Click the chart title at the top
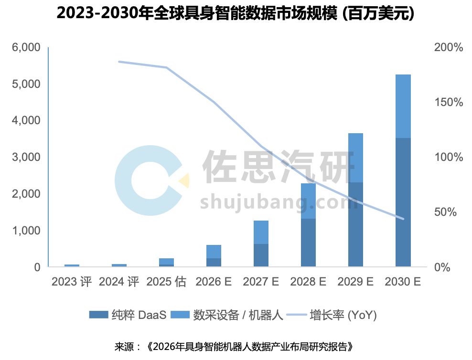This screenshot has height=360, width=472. (236, 14)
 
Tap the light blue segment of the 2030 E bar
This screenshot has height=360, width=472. (403, 106)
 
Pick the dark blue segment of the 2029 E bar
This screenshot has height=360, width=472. (355, 224)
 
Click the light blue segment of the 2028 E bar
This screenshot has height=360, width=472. (308, 201)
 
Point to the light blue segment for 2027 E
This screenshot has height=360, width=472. (261, 232)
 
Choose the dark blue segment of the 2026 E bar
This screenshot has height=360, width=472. (214, 262)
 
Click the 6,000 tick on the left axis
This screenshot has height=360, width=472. (26, 48)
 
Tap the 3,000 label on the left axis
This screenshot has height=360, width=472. (26, 157)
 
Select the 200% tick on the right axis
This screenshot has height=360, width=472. (449, 48)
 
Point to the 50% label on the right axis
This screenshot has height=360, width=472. (449, 212)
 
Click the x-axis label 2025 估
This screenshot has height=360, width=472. (166, 282)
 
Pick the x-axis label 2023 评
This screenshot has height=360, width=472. (71, 282)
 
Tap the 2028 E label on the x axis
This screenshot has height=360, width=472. (308, 282)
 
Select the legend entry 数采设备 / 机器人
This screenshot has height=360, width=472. (238, 315)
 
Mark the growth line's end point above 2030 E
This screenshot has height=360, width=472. (403, 219)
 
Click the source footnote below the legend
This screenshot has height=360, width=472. (236, 346)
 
